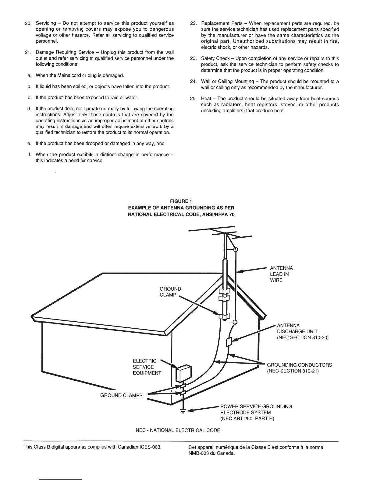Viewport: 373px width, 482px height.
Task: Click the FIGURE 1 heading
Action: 181,201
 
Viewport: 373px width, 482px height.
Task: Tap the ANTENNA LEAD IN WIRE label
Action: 281,274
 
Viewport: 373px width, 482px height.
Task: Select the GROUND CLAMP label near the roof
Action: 170,292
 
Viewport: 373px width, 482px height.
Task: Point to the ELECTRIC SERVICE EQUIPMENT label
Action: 147,367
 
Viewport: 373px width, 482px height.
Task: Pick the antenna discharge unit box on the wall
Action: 229,342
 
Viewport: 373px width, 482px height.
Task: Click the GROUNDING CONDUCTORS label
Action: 299,365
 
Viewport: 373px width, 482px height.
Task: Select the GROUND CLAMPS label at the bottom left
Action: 121,395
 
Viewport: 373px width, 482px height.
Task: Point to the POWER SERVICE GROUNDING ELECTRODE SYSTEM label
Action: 256,412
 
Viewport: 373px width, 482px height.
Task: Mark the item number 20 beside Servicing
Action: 28,23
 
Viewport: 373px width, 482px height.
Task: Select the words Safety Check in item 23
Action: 215,58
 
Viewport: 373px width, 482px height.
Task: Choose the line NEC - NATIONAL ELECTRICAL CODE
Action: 178,430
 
